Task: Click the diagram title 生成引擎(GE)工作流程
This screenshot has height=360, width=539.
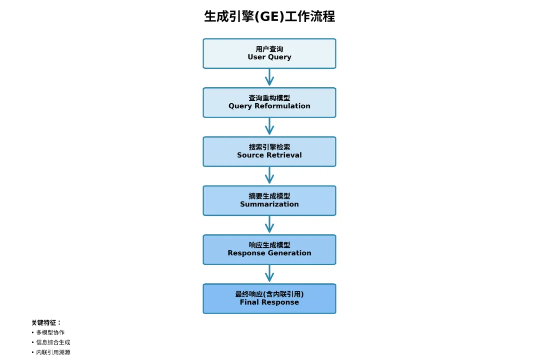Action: pos(269,16)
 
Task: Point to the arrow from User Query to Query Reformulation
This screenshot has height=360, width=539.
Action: pos(269,78)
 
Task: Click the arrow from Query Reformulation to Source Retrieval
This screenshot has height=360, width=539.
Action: pos(269,127)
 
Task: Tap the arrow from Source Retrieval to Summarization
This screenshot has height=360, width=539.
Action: pos(269,176)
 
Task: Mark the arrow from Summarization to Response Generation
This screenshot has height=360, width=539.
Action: pos(269,225)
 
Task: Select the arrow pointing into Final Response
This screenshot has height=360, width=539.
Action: pos(269,274)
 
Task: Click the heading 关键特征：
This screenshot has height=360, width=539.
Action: pos(46,323)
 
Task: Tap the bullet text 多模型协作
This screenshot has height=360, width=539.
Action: pos(50,333)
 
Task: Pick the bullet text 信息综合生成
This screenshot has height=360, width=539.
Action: pos(53,343)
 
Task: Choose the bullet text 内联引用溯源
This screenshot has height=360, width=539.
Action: pos(53,353)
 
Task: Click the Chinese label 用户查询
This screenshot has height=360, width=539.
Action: pos(269,49)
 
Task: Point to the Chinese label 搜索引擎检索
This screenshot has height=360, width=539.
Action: pos(269,147)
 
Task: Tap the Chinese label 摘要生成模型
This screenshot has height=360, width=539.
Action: pos(269,196)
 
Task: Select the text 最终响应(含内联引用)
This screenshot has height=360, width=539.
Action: pos(269,294)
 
